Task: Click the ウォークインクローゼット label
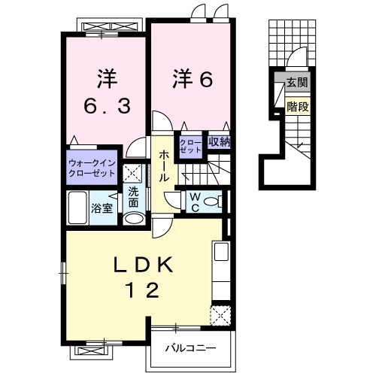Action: coord(92,167)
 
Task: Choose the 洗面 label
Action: coord(133,196)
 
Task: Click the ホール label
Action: coord(163,166)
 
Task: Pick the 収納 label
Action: coord(219,141)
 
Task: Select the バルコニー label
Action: coord(192,348)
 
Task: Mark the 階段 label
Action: coord(296,107)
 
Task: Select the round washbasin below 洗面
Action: coord(133,219)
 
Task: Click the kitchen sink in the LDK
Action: coord(221,252)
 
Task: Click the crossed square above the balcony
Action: coord(220,315)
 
